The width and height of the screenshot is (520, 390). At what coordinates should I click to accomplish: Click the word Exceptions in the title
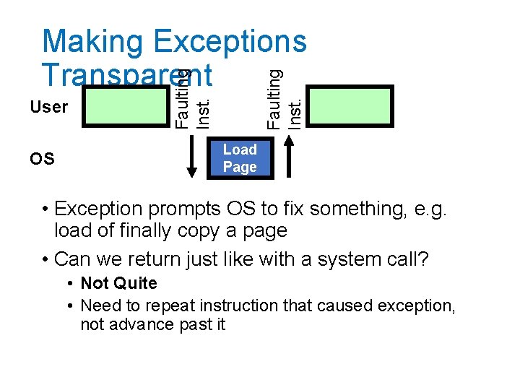[x=230, y=42]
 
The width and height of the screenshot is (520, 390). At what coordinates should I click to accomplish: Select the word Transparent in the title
[x=127, y=74]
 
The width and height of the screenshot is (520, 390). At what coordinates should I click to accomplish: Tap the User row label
[x=49, y=107]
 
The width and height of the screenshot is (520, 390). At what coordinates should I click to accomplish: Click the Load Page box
[x=240, y=159]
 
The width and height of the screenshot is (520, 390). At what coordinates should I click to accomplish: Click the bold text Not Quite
[x=118, y=283]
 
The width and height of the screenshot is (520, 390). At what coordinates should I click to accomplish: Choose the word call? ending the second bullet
[x=406, y=259]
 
